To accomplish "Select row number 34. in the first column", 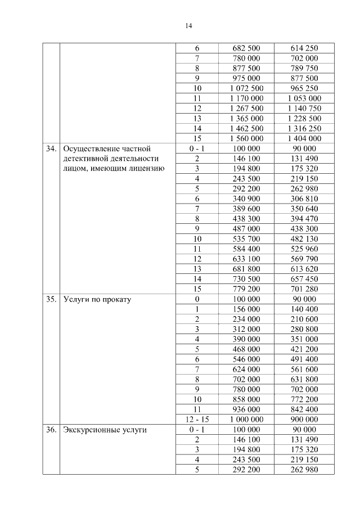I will [x=51, y=149].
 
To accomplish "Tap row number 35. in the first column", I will [x=51, y=299].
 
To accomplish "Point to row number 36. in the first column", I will [x=51, y=430].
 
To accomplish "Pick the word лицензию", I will [x=145, y=168].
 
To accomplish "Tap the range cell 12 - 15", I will [x=197, y=420].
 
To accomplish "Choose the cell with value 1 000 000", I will [x=246, y=420].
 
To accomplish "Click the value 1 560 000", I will [x=246, y=138].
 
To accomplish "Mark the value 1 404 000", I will [x=304, y=138].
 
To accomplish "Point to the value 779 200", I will [x=246, y=289].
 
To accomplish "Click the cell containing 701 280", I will [x=304, y=289].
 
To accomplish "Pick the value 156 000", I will [x=246, y=309].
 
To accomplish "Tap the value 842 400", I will [x=304, y=409].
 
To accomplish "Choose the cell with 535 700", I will [x=246, y=238].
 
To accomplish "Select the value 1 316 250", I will [x=304, y=128].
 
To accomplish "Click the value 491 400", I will [x=304, y=359].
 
